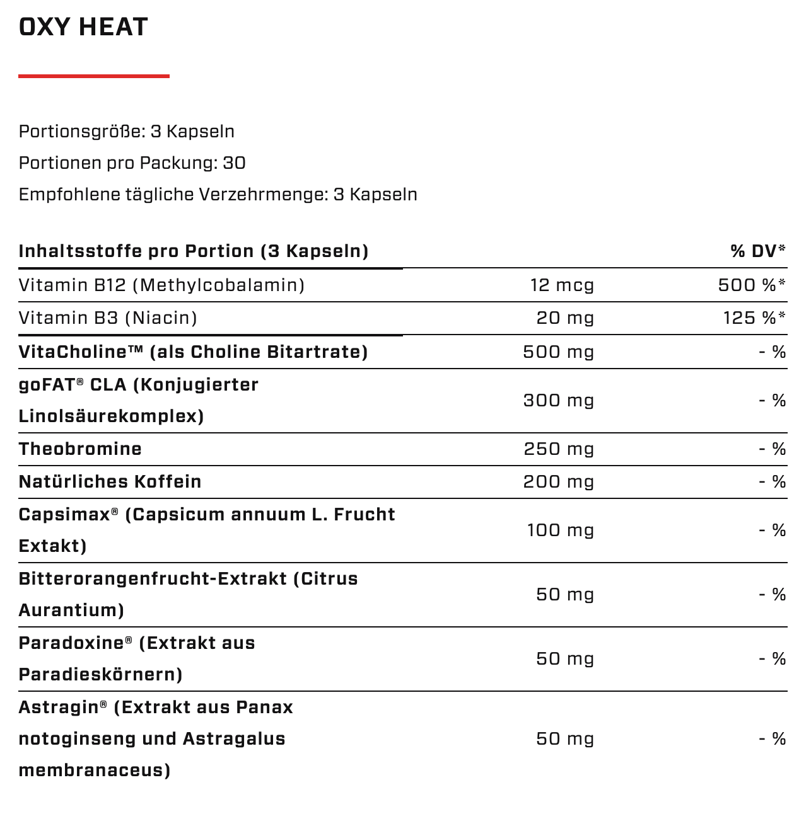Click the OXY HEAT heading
[83, 27]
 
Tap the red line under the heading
[94, 76]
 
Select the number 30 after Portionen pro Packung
[234, 163]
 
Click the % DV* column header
[757, 251]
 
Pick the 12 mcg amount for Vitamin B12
[562, 285]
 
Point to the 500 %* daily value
[752, 285]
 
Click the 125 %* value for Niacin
[754, 318]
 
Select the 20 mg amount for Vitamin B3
[565, 318]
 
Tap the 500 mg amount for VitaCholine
[559, 352]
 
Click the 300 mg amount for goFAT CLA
[559, 401]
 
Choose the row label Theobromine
[80, 449]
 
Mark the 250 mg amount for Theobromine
[559, 449]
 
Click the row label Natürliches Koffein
[110, 482]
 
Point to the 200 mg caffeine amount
[559, 482]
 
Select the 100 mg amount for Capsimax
[561, 530]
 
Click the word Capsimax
[64, 515]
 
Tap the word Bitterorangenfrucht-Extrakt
[153, 579]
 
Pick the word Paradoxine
[71, 643]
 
